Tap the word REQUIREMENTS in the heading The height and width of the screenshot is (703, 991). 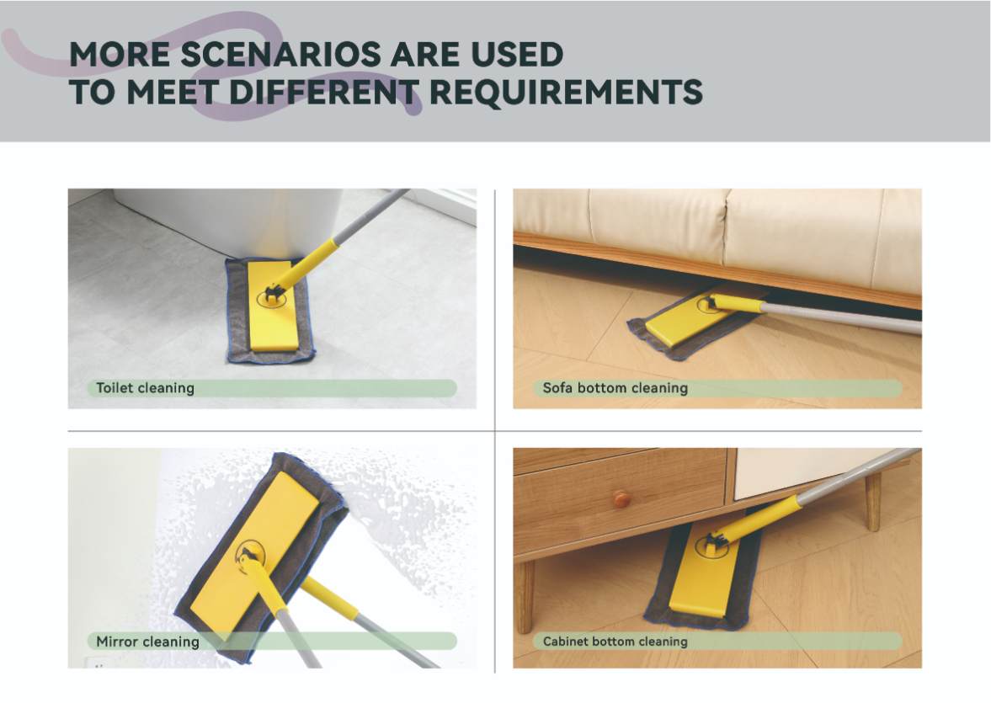point(567,93)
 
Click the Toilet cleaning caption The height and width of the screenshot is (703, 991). point(145,388)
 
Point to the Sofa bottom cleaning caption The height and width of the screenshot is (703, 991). point(615,388)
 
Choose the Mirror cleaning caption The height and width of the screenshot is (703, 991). point(147,642)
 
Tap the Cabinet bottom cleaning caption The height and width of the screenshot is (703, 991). point(615,642)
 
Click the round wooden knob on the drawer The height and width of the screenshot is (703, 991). point(622,498)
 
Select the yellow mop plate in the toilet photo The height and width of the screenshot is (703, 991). point(273,306)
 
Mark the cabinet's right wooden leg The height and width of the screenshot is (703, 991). point(873,501)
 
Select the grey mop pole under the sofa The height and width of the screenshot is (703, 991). point(840,317)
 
